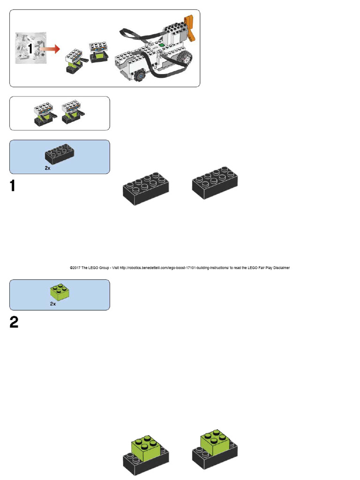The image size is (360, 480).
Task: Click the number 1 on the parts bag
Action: (30, 48)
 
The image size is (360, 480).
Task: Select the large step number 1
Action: (14, 187)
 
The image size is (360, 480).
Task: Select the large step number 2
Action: (14, 322)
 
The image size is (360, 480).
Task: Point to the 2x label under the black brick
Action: (48, 167)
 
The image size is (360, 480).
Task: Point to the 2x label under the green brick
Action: (53, 304)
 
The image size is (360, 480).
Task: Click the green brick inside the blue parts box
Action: (60, 292)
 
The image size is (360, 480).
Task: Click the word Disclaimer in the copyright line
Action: (280, 268)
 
